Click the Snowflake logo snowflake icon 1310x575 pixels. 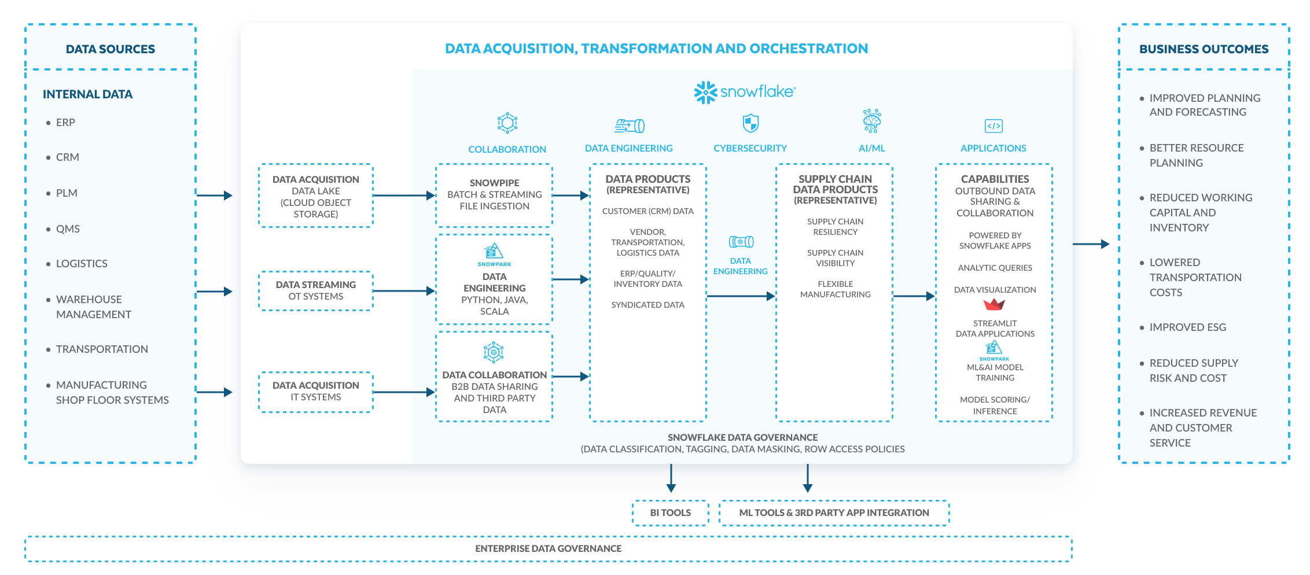pos(705,92)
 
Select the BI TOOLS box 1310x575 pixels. pos(670,513)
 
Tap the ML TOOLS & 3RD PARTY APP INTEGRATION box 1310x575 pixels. pos(834,513)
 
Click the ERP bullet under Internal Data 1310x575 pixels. pos(65,123)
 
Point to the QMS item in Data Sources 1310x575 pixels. pos(68,229)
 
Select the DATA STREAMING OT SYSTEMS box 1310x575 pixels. pos(316,291)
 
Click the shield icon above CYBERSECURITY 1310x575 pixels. pos(750,123)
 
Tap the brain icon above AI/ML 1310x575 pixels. pos(871,121)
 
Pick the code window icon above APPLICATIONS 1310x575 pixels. pos(993,126)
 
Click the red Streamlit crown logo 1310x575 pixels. pos(994,304)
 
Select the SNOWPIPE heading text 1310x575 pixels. pos(494,183)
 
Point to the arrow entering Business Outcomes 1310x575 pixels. pos(1091,244)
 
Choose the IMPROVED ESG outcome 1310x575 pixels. pos(1187,327)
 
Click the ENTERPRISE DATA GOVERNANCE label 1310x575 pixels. pos(548,548)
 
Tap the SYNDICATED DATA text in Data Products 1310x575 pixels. pos(647,305)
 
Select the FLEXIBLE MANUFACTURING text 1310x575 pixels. pos(835,289)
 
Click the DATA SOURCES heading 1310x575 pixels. pos(111,49)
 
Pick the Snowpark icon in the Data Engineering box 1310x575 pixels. pos(494,252)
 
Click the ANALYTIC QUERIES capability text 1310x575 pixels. pos(995,268)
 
